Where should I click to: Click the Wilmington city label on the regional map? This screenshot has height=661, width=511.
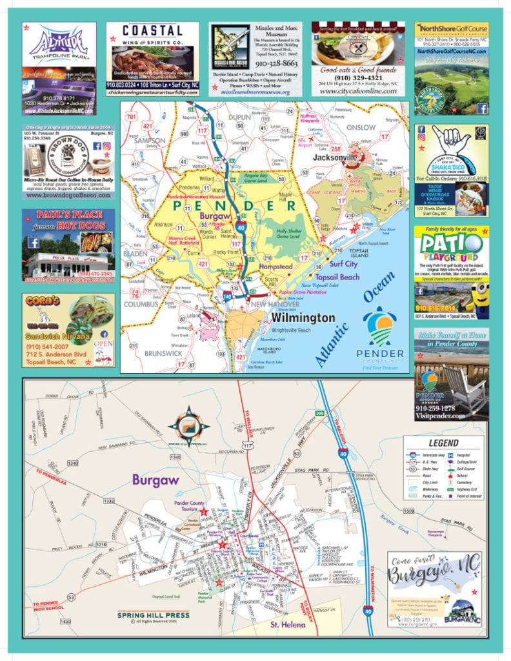pyautogui.click(x=303, y=318)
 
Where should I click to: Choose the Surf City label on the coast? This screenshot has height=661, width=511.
pyautogui.click(x=343, y=264)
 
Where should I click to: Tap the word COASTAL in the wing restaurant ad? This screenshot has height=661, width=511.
pyautogui.click(x=152, y=31)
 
